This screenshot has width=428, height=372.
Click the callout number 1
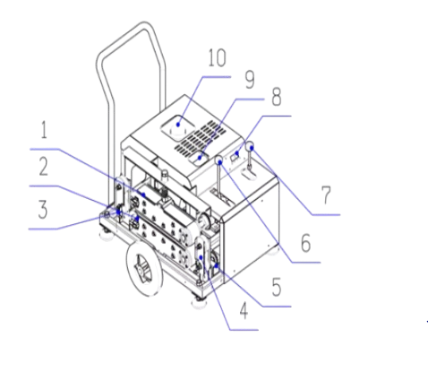click(x=44, y=130)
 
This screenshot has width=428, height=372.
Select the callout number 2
click(x=44, y=167)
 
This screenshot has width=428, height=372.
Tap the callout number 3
click(x=43, y=210)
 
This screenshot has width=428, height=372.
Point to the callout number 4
click(x=244, y=311)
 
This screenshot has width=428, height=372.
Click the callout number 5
click(x=277, y=287)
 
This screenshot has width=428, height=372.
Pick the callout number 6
click(x=306, y=243)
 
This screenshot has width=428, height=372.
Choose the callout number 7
click(x=326, y=195)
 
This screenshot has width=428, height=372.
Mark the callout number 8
click(x=277, y=97)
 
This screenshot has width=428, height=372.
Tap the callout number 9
click(x=250, y=80)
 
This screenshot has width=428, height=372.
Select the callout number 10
click(x=217, y=57)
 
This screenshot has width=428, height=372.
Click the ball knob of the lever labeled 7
click(x=250, y=146)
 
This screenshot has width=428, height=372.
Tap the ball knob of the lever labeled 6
click(x=219, y=160)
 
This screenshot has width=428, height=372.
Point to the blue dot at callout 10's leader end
click(x=178, y=125)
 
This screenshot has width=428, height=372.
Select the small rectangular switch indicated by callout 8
click(x=235, y=156)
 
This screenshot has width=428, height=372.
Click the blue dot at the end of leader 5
click(x=217, y=265)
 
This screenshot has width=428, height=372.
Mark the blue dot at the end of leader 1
click(x=144, y=195)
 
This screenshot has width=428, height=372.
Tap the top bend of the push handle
click(x=144, y=25)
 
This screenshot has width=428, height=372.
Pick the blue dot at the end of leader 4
click(x=201, y=257)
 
